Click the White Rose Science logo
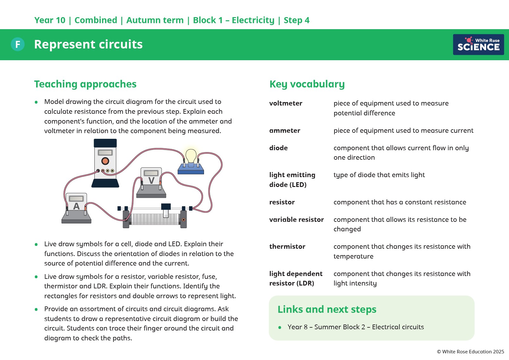tap(478, 45)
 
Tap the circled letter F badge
tap(18, 44)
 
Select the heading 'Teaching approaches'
tap(85, 84)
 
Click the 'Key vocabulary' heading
tap(307, 84)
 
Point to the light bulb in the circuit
tap(191, 156)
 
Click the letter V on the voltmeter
tap(151, 181)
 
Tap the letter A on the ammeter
tap(76, 206)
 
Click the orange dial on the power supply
tap(105, 161)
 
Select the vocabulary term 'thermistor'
tap(287, 247)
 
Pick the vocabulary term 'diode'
tap(278, 148)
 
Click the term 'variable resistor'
tap(296, 220)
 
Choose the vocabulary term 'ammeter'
tap(284, 131)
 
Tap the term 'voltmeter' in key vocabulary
tap(285, 103)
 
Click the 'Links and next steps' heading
tap(327, 309)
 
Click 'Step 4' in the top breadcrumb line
tap(296, 20)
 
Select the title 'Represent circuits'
tap(88, 44)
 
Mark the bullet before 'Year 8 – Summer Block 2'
tap(280, 327)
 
